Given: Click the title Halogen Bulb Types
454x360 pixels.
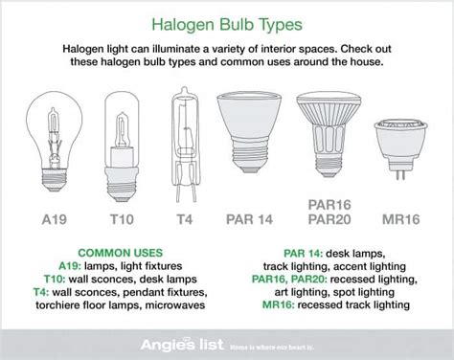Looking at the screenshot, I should point(226,21).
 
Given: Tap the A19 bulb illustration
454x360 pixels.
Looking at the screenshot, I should point(52,133).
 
